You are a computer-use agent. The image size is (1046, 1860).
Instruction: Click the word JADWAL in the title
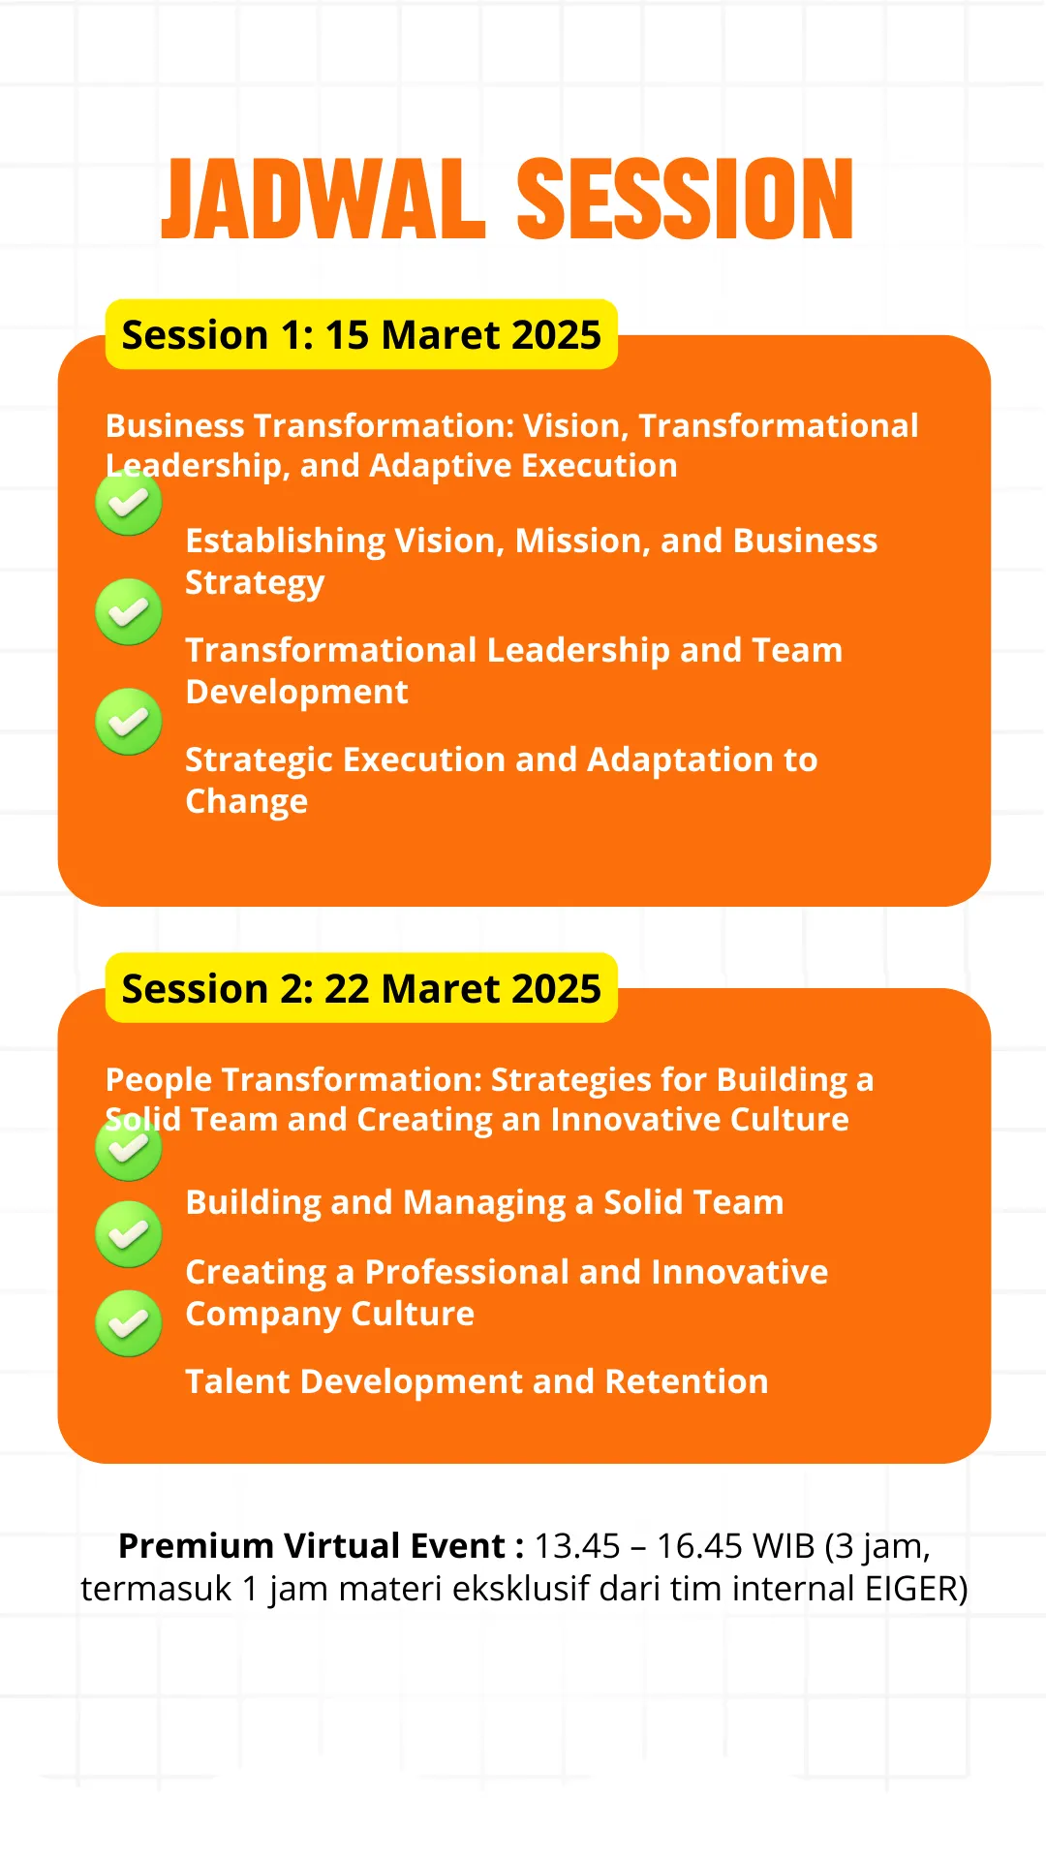323,199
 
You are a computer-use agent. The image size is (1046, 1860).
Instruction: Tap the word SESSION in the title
686,199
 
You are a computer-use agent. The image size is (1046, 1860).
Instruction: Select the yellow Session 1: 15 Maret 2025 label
361,334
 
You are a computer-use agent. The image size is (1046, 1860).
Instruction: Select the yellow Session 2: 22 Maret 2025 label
361,988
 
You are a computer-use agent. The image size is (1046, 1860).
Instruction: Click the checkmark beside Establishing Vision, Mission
129,503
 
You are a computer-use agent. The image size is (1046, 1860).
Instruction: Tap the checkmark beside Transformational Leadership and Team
129,612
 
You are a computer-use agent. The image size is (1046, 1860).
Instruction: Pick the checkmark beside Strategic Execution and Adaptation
129,722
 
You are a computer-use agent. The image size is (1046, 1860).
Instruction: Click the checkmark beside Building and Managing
129,1148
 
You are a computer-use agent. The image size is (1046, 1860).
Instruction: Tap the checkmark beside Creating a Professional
129,1234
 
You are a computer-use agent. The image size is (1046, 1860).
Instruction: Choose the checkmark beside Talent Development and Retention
129,1323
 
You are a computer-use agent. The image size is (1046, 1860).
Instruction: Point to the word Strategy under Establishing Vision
255,584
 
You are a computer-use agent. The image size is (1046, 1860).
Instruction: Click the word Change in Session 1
247,803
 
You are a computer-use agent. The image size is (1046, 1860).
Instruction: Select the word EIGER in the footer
916,1589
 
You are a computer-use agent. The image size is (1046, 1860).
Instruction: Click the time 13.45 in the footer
577,1546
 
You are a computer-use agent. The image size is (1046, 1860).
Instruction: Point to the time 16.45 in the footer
700,1546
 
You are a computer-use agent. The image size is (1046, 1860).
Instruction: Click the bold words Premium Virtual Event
311,1546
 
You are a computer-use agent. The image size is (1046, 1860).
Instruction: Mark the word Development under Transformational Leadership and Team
297,693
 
